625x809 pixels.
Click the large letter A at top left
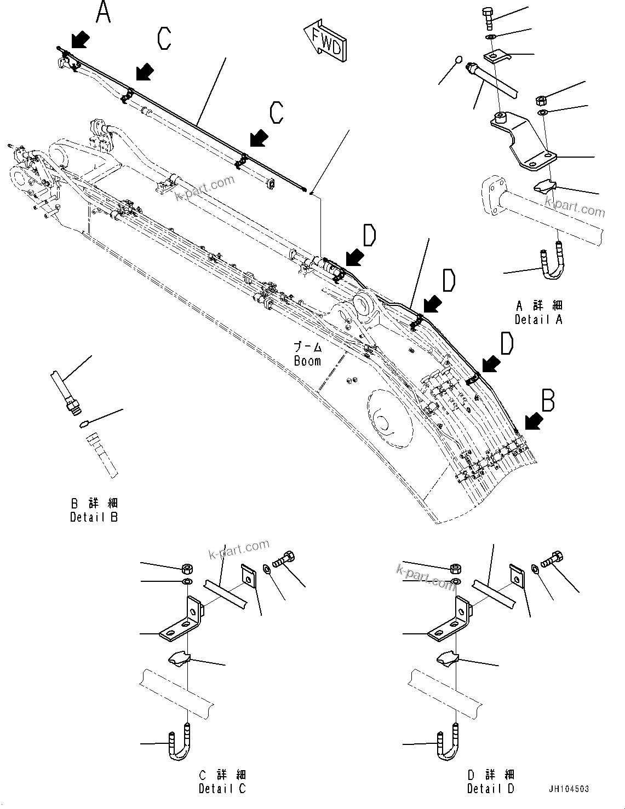[104, 12]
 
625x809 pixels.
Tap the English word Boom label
[307, 361]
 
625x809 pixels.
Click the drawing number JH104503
[569, 789]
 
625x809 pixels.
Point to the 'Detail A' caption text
[538, 320]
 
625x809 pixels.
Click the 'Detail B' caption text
[94, 517]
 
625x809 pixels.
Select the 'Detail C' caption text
[222, 789]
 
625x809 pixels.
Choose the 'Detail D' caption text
[490, 789]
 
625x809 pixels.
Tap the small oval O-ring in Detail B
[84, 423]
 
